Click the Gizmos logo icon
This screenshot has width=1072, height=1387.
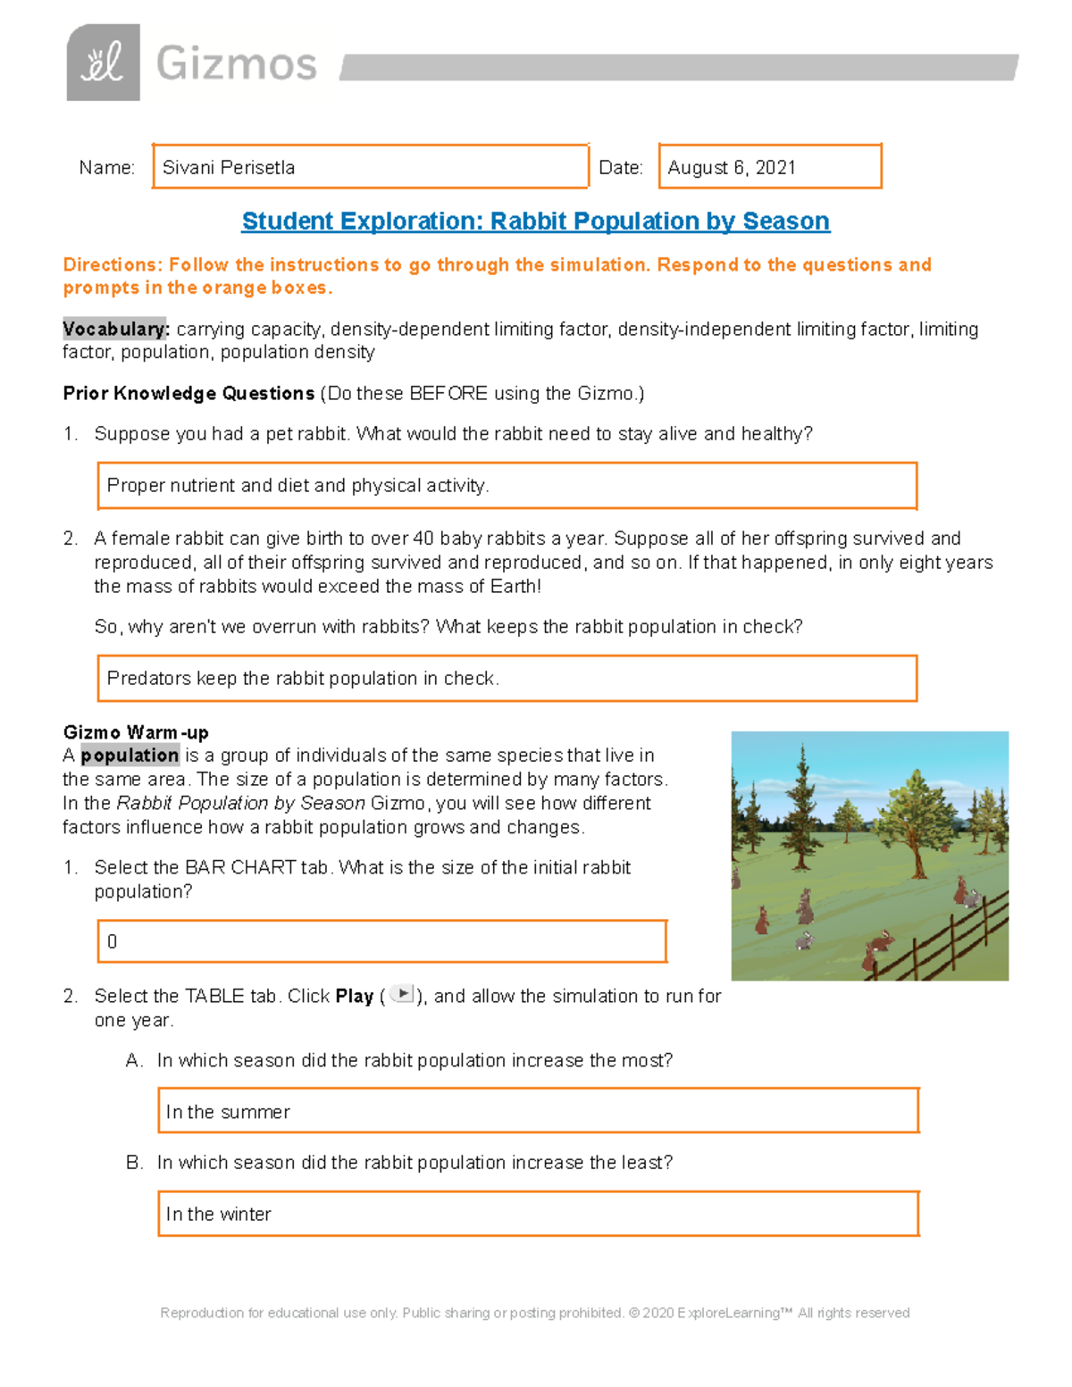tap(103, 63)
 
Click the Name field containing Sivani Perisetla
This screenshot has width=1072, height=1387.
tap(370, 167)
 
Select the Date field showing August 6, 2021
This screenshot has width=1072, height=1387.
tap(769, 167)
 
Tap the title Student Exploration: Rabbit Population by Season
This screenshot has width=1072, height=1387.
tap(535, 221)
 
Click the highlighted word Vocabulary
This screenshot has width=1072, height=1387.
tap(115, 329)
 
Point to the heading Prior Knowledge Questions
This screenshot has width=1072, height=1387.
tap(188, 393)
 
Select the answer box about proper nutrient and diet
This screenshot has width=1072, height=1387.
tap(507, 486)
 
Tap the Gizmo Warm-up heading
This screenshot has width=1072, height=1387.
tap(136, 732)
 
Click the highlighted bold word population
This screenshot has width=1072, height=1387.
tap(130, 756)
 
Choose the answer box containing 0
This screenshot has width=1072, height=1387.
tap(381, 941)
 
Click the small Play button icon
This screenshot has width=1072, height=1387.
tap(403, 994)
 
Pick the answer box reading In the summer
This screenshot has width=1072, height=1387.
tap(538, 1111)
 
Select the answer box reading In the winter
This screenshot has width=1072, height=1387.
tap(538, 1214)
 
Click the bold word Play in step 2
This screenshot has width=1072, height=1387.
tap(354, 996)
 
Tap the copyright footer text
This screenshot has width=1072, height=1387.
tap(534, 1313)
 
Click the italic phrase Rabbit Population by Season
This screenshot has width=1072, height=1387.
tap(241, 803)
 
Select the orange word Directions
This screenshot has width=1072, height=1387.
tap(112, 264)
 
